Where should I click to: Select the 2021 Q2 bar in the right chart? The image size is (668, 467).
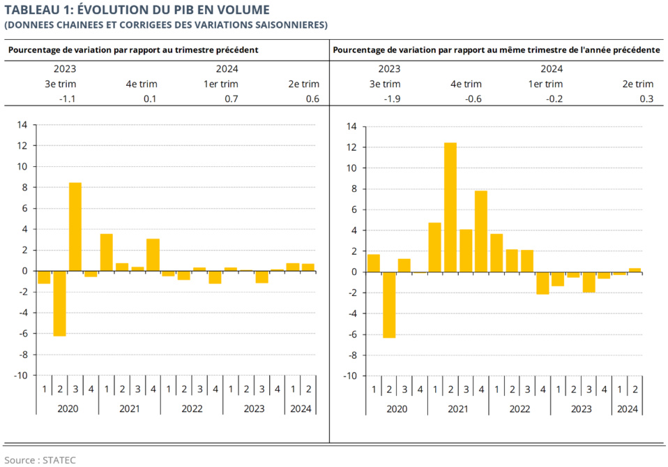(450, 207)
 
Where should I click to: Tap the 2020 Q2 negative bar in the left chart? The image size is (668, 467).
(59, 303)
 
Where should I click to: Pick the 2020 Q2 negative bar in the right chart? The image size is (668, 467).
(389, 304)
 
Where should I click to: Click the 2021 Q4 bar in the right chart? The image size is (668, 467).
(481, 231)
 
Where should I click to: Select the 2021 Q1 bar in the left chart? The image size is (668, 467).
(106, 252)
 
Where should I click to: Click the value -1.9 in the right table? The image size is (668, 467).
(392, 99)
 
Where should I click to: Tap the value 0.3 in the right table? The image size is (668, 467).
(646, 99)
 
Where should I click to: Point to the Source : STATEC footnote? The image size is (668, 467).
(40, 460)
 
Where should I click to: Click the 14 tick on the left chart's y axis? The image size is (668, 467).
(22, 125)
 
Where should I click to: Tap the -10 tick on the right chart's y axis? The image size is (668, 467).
(351, 376)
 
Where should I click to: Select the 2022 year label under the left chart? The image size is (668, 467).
(192, 408)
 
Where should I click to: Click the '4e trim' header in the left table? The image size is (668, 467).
(142, 84)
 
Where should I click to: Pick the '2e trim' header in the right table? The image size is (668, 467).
(637, 84)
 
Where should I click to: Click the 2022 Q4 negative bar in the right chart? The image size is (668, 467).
(542, 283)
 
